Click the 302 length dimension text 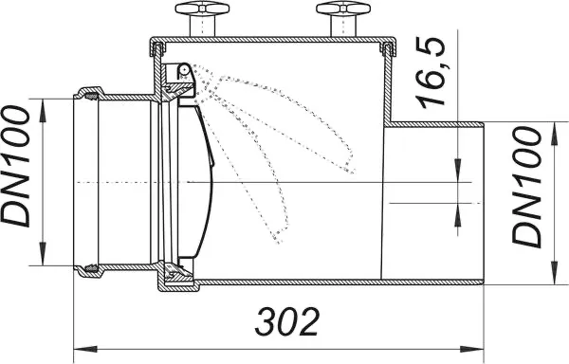coord(287,321)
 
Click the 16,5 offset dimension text coord(431,72)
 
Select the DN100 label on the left coord(15,167)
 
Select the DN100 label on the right coord(526,187)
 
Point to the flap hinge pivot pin coord(184,69)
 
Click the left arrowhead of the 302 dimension coord(85,349)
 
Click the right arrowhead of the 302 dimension coord(471,349)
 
